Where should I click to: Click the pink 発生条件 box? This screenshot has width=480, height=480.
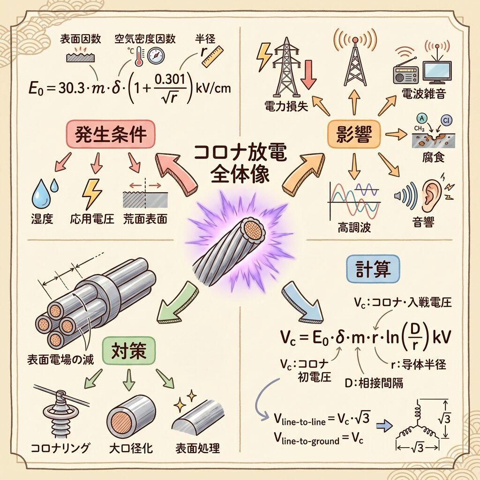tap(111, 135)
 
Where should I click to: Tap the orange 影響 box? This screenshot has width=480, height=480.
tap(353, 135)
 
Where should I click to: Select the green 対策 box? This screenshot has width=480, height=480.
tap(128, 350)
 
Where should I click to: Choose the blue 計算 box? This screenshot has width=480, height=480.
tap(373, 270)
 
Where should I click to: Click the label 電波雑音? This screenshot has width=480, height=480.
tap(424, 93)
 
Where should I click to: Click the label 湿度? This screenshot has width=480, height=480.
tap(42, 219)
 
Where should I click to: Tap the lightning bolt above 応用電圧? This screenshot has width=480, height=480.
tap(91, 194)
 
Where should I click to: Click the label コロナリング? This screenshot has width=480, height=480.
tap(60, 448)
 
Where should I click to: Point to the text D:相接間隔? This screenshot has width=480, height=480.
tap(374, 382)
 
